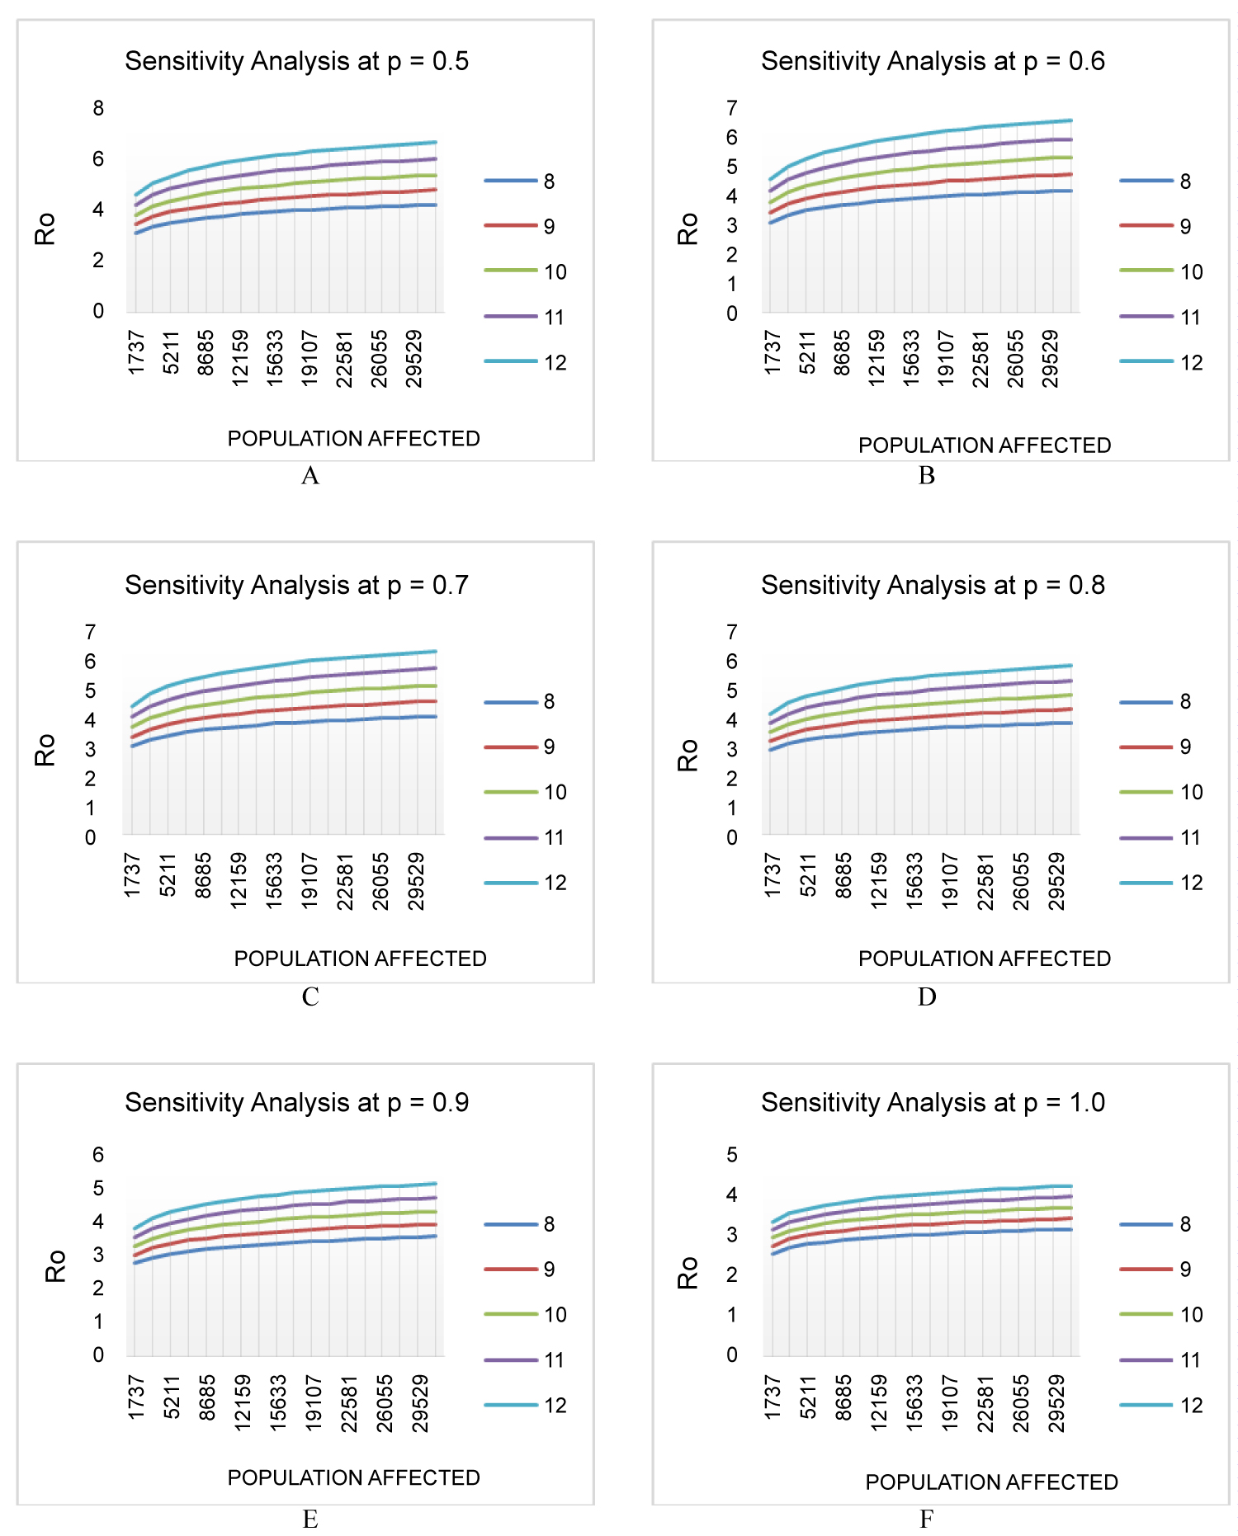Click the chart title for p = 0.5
(x=296, y=61)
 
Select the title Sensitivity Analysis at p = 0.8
(x=933, y=585)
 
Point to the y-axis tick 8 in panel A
(x=98, y=108)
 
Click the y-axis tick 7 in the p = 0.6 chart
(x=732, y=108)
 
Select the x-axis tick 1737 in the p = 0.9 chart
(x=137, y=1397)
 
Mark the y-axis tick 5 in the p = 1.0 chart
(x=732, y=1155)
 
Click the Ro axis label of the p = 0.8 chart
(x=688, y=755)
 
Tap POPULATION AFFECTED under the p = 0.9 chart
(x=353, y=1477)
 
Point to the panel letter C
(x=310, y=997)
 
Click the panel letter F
(x=927, y=1519)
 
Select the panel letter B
(x=927, y=475)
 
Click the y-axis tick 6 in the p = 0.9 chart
(x=98, y=1155)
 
